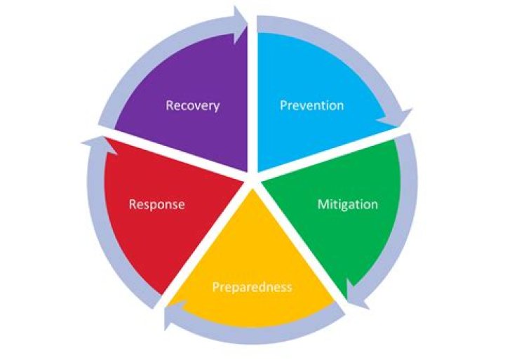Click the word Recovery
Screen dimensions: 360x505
(193, 106)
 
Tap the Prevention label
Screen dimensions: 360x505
(311, 106)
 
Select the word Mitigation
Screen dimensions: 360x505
(347, 205)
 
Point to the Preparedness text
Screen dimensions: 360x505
(252, 287)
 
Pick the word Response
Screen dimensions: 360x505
(157, 205)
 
